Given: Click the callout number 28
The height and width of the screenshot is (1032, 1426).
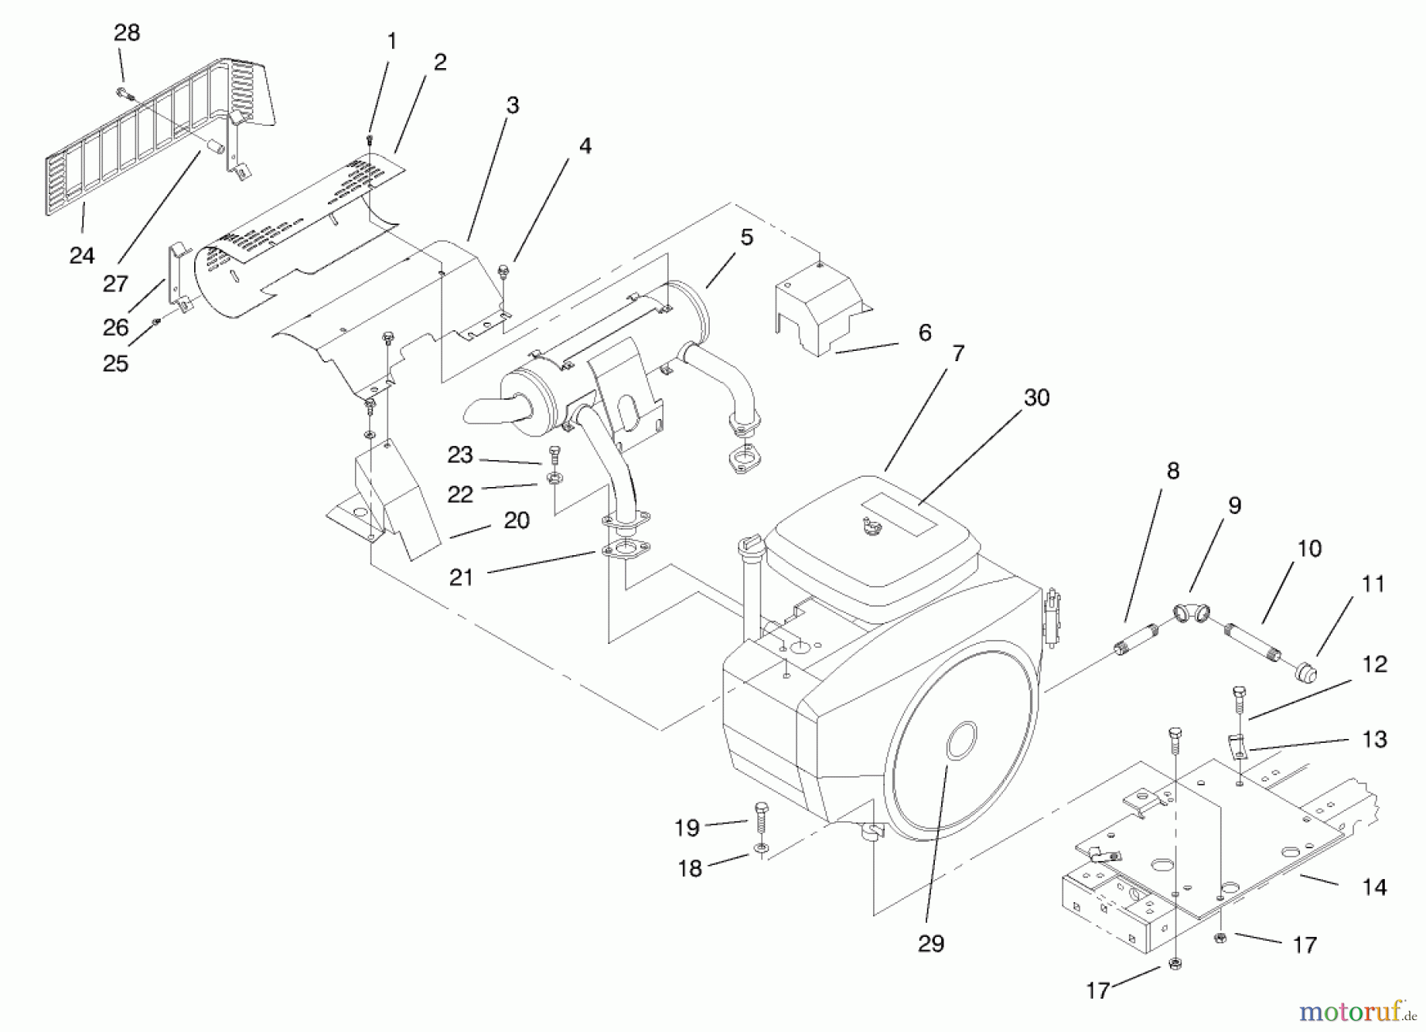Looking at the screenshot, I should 127,32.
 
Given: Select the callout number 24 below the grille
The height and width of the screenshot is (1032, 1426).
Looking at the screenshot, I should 82,255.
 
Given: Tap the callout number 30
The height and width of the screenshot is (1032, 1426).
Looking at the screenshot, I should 1036,398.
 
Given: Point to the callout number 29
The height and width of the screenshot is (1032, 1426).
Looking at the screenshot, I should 931,943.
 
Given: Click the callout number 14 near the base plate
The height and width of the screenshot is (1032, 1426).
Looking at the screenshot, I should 1374,887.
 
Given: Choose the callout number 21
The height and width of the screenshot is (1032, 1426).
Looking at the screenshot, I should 461,577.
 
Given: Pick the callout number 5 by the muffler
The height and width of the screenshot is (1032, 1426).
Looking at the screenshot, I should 746,238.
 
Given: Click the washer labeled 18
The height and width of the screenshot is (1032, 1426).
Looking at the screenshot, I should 761,850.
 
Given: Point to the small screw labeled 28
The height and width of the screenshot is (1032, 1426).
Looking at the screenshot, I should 124,93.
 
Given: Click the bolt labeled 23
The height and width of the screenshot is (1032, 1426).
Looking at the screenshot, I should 554,455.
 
